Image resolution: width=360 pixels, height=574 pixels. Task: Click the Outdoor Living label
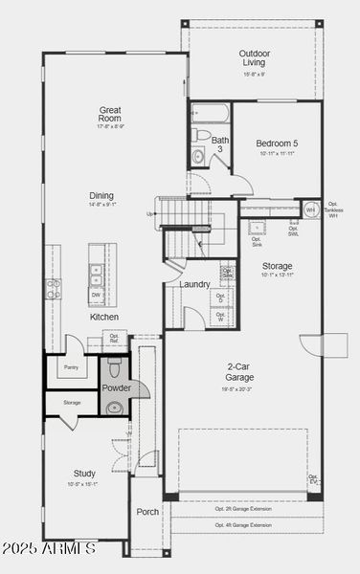(254, 57)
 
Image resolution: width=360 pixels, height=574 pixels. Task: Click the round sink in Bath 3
(198, 158)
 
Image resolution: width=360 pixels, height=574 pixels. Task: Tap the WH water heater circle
(310, 210)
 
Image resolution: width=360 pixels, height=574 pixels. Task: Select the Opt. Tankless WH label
(333, 210)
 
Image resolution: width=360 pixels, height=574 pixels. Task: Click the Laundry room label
(194, 284)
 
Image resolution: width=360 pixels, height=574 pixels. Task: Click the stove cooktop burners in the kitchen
(53, 288)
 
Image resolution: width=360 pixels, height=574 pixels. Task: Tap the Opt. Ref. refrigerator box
(114, 338)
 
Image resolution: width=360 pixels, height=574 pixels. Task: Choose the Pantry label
(70, 366)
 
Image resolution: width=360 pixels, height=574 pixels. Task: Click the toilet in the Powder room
(114, 366)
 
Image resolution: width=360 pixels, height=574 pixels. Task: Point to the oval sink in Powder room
(114, 408)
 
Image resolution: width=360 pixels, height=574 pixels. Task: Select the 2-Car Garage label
(238, 371)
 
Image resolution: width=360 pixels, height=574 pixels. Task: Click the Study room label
(84, 473)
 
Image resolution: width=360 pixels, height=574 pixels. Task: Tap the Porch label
(147, 511)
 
